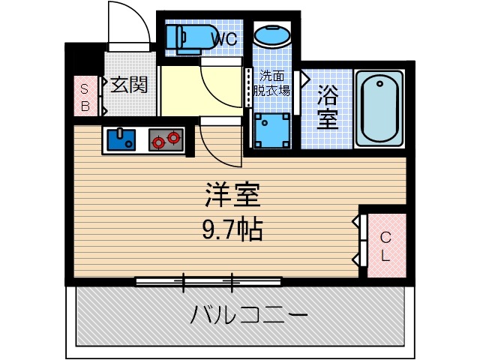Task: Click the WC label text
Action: coord(224,38)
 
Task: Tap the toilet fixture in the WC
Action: coord(182,37)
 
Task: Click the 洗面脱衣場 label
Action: coord(274,82)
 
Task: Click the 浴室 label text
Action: coord(326,106)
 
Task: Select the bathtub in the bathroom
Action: coord(379,109)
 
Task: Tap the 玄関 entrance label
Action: coord(128,85)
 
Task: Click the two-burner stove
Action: coord(166,139)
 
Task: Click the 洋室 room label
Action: coord(232,196)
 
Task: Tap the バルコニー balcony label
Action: coord(248,314)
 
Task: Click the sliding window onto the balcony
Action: coord(208,282)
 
